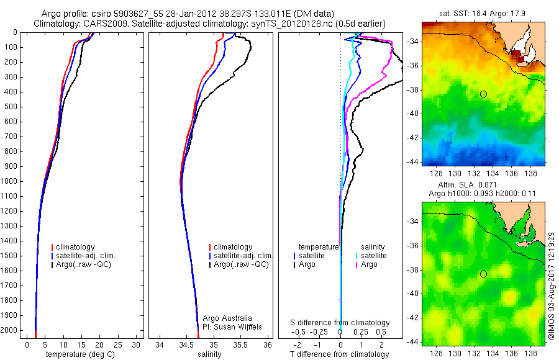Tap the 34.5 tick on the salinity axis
186,344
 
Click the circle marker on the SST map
483,94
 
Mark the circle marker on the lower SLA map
483,274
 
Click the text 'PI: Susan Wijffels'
233,326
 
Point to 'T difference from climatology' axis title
340,354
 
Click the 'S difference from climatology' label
340,323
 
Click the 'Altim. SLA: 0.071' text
481,185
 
